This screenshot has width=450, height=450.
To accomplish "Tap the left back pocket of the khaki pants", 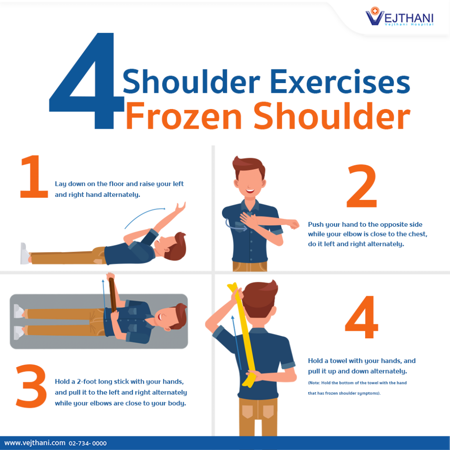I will (247, 410).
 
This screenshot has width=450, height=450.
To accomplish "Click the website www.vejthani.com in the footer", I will (35, 443).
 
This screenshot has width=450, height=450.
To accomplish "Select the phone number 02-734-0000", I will (87, 443).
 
